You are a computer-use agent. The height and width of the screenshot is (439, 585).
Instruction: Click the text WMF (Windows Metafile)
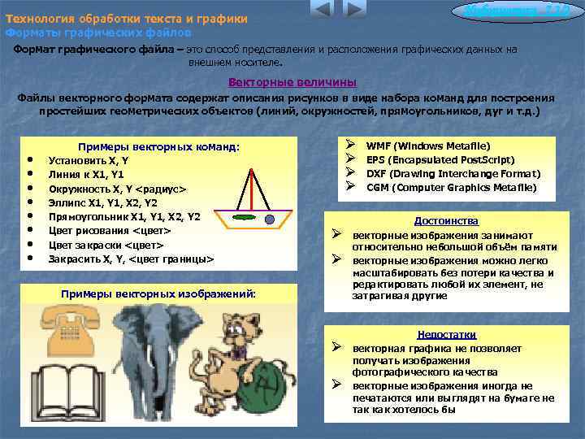428,145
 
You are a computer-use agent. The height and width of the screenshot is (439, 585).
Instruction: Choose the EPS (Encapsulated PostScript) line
440,159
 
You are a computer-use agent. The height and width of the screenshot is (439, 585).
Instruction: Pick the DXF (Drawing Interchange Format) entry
453,173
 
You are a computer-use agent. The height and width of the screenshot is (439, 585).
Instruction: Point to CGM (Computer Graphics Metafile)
452,187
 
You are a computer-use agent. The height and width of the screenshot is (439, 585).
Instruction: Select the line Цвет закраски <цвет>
106,245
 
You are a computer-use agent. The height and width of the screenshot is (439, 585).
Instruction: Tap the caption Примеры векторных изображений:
158,293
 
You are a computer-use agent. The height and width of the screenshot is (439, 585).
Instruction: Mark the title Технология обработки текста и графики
127,18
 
